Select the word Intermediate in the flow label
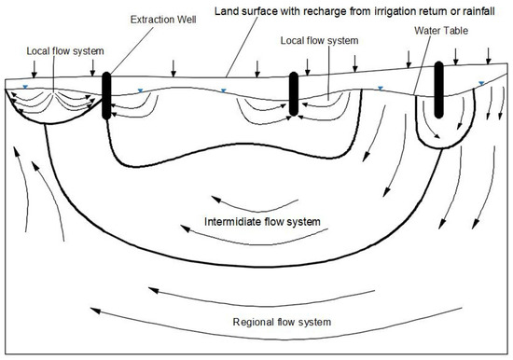(234, 222)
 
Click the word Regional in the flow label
(253, 323)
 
